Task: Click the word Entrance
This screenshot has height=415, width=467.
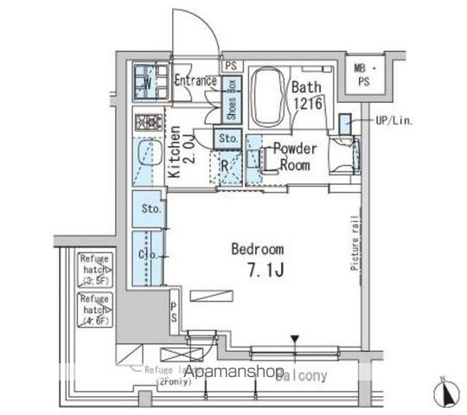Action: (195, 81)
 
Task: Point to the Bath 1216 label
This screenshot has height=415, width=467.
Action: (306, 94)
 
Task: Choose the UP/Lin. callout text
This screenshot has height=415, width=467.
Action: (393, 121)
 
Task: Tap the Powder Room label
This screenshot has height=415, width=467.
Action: (295, 156)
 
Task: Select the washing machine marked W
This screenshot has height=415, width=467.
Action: (149, 83)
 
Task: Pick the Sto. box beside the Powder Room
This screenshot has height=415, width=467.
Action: (228, 138)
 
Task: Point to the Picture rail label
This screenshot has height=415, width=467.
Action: (355, 244)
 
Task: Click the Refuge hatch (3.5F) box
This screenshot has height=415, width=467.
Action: (93, 268)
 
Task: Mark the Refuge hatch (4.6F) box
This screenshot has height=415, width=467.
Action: (93, 308)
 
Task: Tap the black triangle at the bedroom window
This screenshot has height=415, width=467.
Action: (295, 339)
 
